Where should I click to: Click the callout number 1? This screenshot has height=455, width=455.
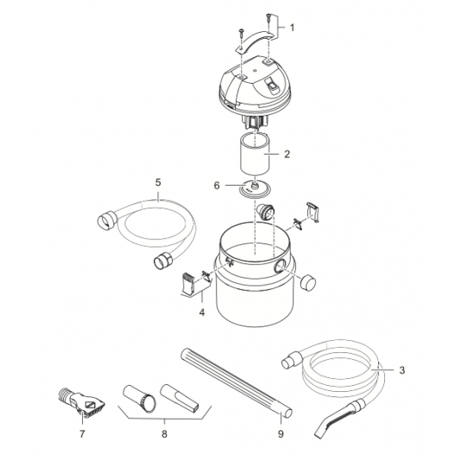pyautogui.click(x=292, y=28)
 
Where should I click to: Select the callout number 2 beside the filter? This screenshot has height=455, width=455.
pyautogui.click(x=287, y=154)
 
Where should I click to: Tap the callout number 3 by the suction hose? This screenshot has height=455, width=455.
pyautogui.click(x=401, y=370)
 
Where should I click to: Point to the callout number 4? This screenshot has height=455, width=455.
pyautogui.click(x=202, y=313)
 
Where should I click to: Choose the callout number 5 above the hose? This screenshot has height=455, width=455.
pyautogui.click(x=158, y=182)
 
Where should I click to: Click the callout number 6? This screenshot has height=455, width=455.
pyautogui.click(x=217, y=186)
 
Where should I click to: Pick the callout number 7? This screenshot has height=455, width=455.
pyautogui.click(x=82, y=434)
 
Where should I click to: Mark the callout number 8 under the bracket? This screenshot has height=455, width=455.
pyautogui.click(x=165, y=434)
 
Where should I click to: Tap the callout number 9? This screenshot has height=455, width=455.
pyautogui.click(x=281, y=434)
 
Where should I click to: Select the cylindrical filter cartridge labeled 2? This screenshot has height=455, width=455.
pyautogui.click(x=255, y=153)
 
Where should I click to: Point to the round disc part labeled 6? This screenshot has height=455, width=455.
pyautogui.click(x=255, y=189)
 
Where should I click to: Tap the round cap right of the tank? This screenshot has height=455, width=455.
pyautogui.click(x=308, y=282)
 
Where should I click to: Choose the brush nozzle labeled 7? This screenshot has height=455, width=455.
pyautogui.click(x=82, y=402)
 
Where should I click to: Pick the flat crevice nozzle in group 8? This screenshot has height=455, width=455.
pyautogui.click(x=180, y=397)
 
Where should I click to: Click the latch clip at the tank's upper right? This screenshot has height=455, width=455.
pyautogui.click(x=313, y=212)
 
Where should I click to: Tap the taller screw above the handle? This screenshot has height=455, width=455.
pyautogui.click(x=269, y=21)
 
